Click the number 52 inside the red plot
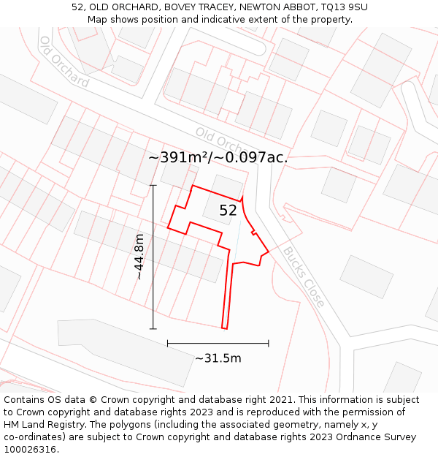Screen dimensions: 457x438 pos(228,211)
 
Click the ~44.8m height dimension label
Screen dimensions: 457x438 pos(139,257)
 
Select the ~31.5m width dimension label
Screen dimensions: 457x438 pos(218,358)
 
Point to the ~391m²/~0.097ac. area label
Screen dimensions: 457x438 pos(218,157)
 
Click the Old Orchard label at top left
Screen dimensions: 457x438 pos(64,61)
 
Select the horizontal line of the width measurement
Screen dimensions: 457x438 pos(218,343)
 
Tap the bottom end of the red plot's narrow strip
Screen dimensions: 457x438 pos(225,327)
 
